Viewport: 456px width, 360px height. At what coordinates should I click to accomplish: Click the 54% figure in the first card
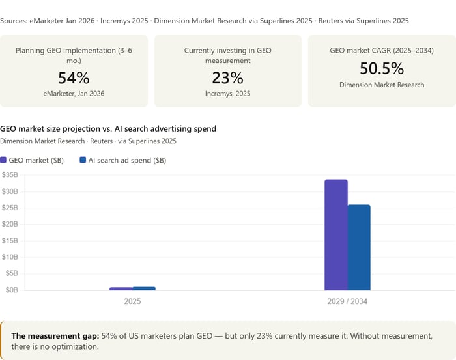[74, 78]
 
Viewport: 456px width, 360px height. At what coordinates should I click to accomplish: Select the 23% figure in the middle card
[228, 78]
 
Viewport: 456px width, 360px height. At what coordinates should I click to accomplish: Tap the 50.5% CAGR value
[382, 68]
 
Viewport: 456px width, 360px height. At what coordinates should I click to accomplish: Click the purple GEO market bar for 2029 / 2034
[335, 234]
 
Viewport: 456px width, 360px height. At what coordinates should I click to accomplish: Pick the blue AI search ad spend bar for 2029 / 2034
[359, 247]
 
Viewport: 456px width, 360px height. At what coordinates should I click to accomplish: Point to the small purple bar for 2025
[121, 288]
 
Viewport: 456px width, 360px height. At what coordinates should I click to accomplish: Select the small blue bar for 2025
[144, 288]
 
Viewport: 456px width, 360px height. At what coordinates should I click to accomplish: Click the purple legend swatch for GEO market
[3, 160]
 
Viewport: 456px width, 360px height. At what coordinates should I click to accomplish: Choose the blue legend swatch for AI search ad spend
[83, 160]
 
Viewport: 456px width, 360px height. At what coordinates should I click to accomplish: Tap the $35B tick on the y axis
[10, 175]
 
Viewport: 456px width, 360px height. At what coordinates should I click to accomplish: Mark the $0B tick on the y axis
[11, 290]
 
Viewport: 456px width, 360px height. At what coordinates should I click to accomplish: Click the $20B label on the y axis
[10, 224]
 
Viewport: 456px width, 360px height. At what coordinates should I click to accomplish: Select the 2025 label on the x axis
[132, 301]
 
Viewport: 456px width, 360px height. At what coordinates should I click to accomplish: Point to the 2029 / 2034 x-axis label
[347, 301]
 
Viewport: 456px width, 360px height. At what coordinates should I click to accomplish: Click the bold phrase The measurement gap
[55, 335]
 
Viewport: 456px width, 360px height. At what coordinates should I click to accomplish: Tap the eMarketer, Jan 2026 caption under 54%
[74, 94]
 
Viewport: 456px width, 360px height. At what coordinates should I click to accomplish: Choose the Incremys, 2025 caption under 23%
[228, 94]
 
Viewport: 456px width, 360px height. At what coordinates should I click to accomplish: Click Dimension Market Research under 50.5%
[382, 85]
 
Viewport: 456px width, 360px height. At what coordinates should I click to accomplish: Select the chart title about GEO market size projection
[108, 129]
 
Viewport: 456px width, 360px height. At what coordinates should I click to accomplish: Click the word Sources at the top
[13, 21]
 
